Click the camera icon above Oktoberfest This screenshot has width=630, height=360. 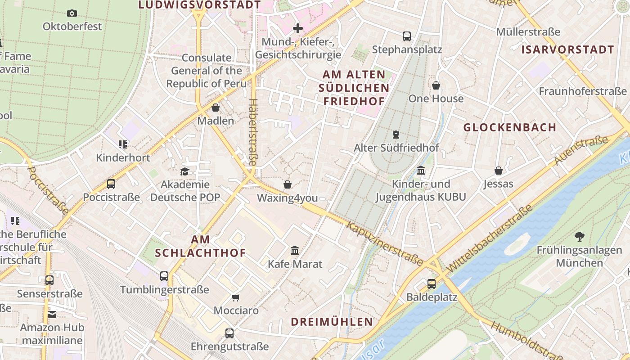click(72, 13)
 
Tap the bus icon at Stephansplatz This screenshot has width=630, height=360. click(407, 36)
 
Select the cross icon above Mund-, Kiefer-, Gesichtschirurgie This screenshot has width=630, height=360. click(297, 29)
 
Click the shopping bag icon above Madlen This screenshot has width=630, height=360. click(216, 108)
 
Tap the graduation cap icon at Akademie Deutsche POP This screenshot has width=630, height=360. click(184, 171)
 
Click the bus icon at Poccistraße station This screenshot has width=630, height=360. click(111, 184)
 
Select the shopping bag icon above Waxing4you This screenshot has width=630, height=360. click(288, 184)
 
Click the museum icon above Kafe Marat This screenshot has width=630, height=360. click(295, 250)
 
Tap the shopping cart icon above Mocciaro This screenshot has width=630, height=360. click(235, 297)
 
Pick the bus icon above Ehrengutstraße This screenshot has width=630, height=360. click(229, 333)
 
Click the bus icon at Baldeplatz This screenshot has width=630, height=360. click(432, 283)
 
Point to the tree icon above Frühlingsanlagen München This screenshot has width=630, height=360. click(579, 236)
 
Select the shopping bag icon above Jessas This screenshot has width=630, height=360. click(499, 171)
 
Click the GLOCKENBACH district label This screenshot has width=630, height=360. click(510, 127)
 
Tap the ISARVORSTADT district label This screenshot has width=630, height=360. click(567, 50)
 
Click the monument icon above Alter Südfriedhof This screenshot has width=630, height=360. click(396, 134)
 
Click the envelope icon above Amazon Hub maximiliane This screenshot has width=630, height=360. click(52, 314)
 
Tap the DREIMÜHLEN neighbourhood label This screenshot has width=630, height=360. click(332, 322)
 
